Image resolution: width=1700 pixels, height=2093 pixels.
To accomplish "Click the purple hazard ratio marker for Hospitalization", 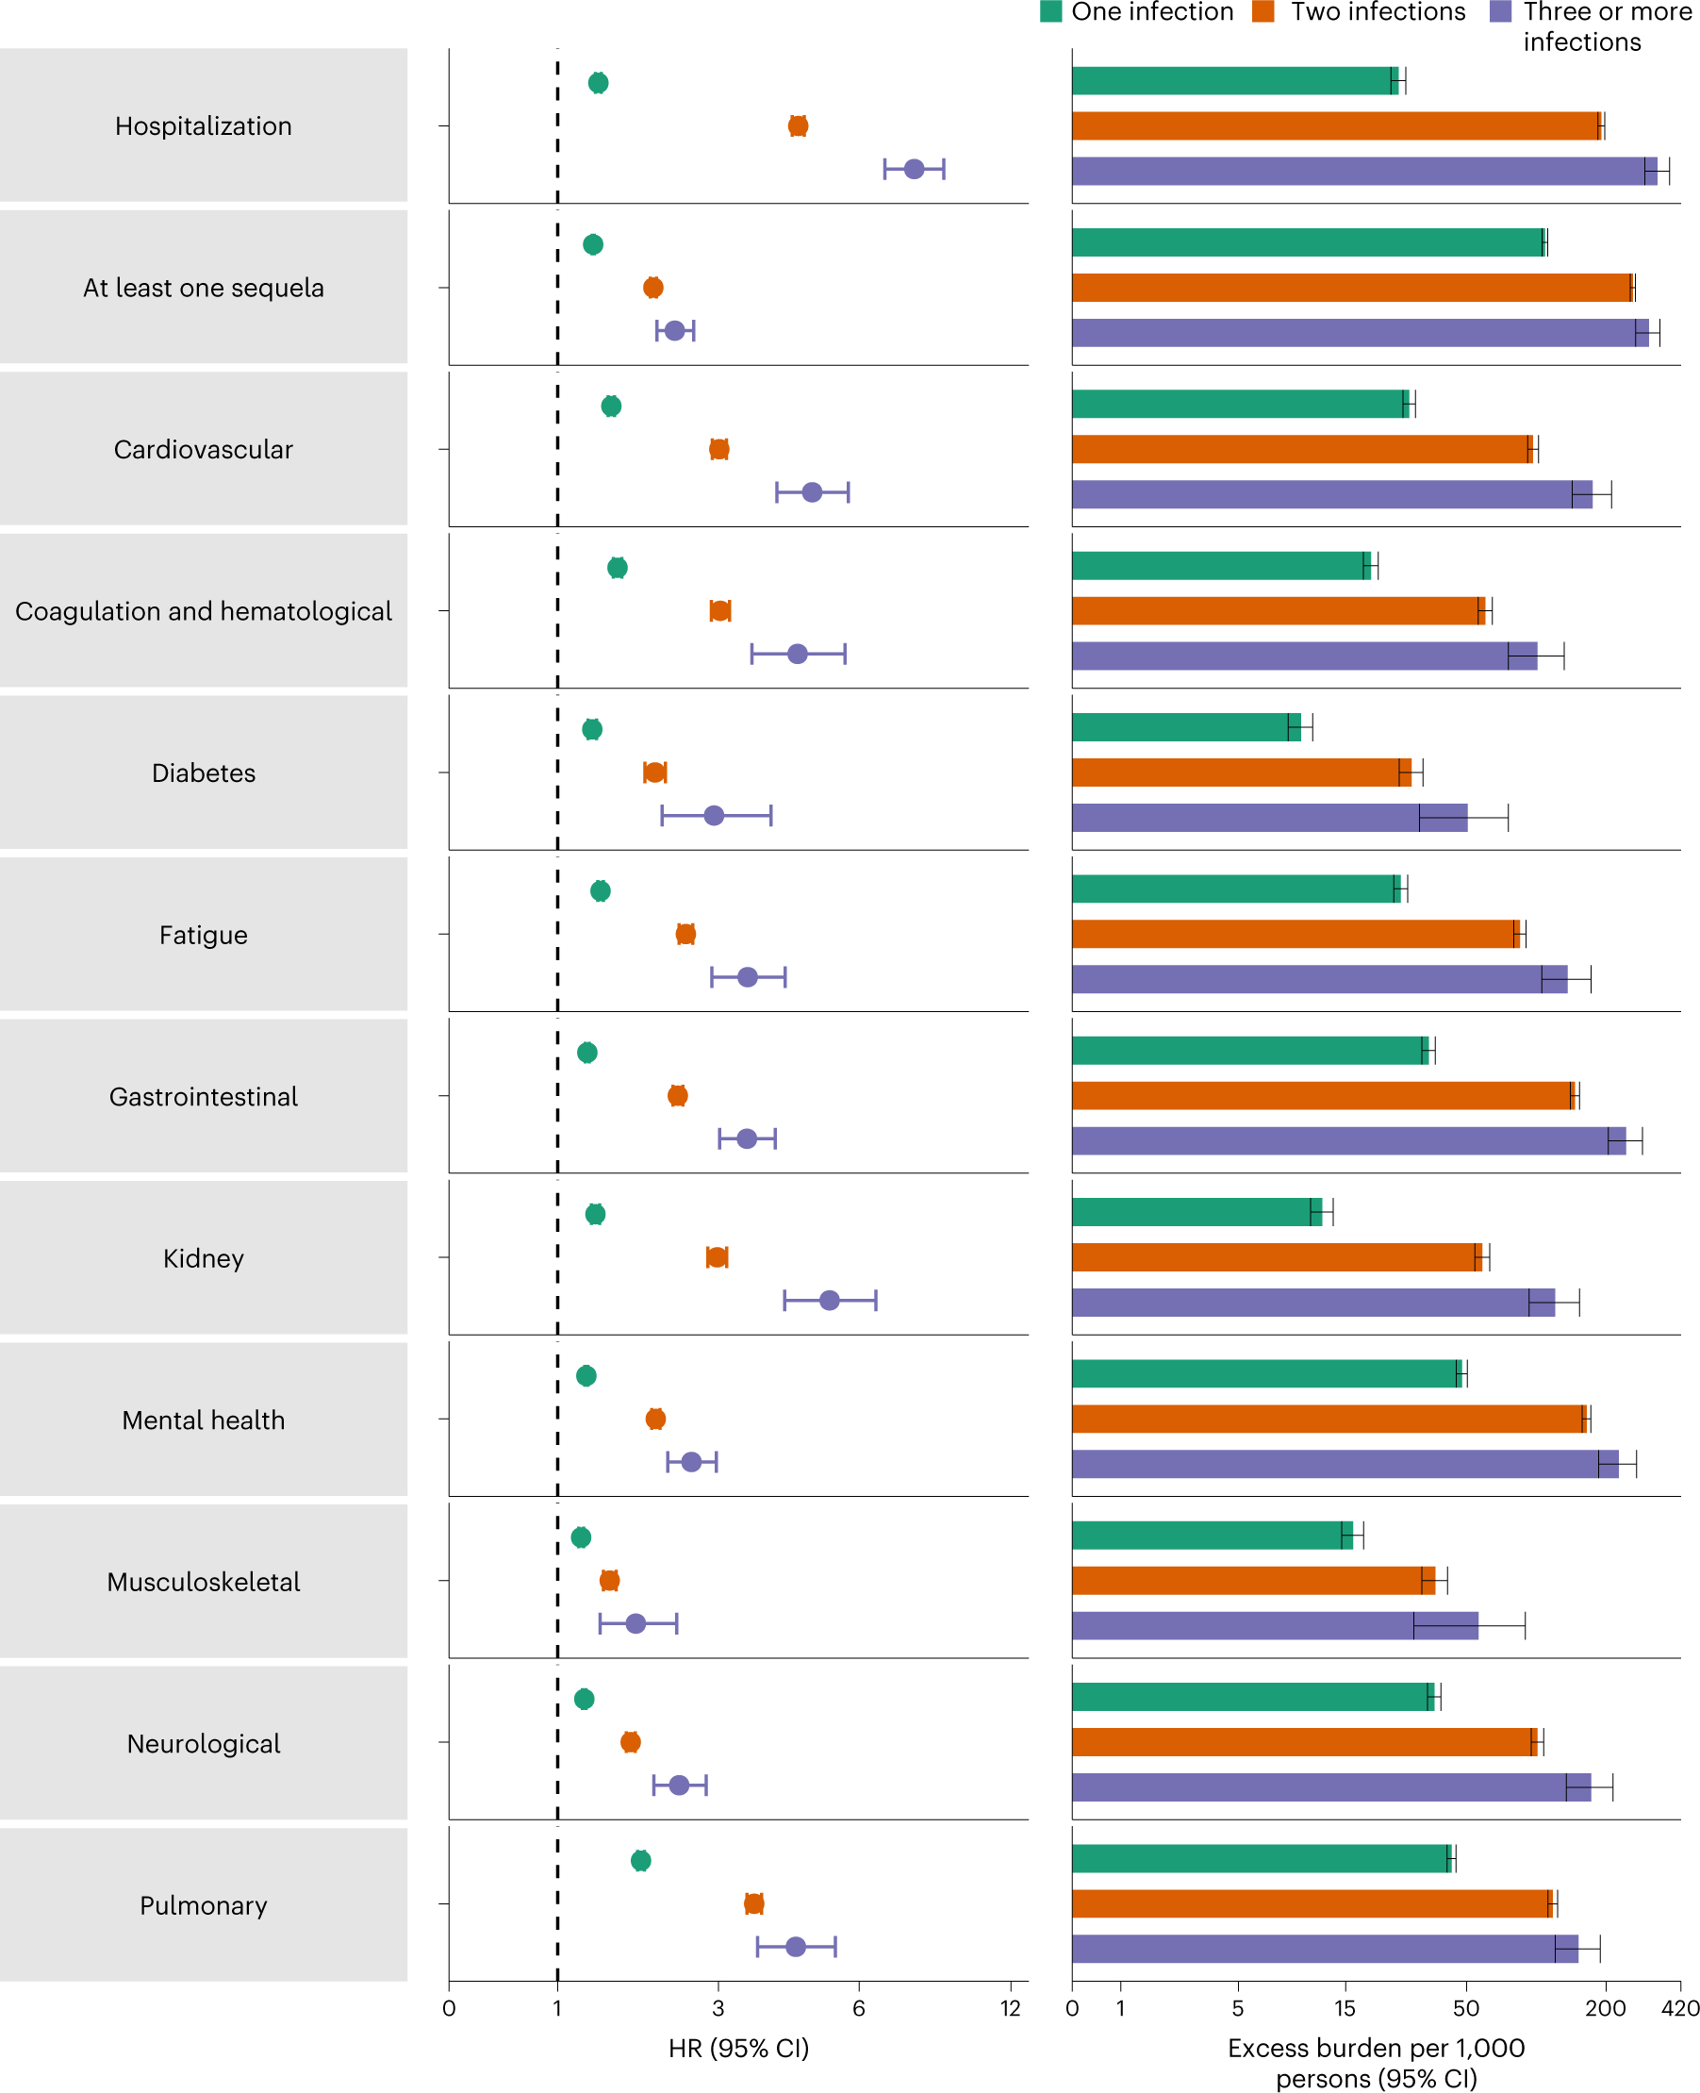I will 914,170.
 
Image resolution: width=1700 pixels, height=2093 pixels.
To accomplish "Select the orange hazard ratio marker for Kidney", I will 717,1256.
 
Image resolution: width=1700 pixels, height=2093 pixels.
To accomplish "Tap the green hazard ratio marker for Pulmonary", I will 640,1860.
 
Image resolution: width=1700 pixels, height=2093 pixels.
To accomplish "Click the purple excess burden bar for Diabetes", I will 1268,817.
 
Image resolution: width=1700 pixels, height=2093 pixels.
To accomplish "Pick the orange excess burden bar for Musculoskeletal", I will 1252,1580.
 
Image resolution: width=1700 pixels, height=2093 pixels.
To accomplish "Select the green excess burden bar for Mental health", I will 1265,1373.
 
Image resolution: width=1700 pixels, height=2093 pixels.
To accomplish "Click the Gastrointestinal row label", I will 204,1096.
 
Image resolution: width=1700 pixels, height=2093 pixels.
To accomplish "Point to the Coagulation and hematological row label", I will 204,611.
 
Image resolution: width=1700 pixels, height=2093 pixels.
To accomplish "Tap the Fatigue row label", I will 204,935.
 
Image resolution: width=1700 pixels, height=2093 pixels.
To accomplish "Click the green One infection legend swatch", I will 1050,11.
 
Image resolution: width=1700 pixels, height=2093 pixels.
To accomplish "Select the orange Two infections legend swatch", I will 1263,11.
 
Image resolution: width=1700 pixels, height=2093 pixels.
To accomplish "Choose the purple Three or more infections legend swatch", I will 1499,11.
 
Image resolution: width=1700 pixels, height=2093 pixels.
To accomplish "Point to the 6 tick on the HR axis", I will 859,2008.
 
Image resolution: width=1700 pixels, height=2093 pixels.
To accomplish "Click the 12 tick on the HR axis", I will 1011,2008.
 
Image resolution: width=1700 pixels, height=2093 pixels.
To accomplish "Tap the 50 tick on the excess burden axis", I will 1466,2008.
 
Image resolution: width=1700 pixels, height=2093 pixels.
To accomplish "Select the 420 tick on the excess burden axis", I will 1680,2008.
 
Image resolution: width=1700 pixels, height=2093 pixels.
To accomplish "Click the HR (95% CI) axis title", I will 738,2048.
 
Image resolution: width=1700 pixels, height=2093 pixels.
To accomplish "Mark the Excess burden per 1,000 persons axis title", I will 1376,2062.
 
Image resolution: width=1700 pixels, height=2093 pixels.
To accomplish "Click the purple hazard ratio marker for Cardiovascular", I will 812,491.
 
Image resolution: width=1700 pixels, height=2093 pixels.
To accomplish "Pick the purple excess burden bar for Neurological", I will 1329,1786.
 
